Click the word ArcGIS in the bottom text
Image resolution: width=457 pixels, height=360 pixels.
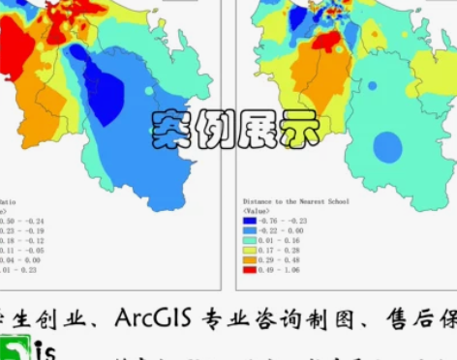153,316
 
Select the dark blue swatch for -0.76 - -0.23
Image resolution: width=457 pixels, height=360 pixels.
249,221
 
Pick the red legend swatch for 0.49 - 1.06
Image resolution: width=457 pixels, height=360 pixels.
249,269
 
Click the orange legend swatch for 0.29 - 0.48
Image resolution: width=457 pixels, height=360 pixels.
249,259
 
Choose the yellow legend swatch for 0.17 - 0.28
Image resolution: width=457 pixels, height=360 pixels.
249,250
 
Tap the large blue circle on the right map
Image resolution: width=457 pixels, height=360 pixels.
387,147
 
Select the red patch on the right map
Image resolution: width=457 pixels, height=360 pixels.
325,41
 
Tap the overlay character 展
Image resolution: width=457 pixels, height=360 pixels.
257,128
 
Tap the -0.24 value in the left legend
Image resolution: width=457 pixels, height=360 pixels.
31,221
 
